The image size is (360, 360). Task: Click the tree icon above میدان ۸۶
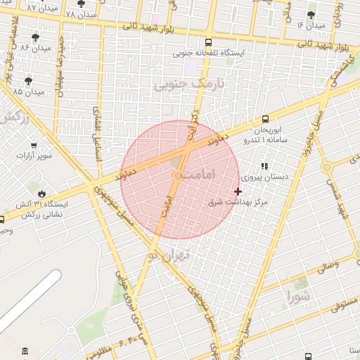tap(36, 37)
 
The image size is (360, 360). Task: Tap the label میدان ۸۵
tap(32, 92)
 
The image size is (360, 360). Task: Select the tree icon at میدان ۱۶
tap(311, 14)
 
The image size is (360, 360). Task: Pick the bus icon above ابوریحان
tap(265, 119)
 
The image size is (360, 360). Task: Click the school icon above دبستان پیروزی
tap(264, 167)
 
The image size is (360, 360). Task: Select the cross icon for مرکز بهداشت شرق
tap(238, 191)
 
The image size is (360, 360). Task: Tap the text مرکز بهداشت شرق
tap(239, 202)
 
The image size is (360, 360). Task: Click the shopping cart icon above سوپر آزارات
tap(33, 145)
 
